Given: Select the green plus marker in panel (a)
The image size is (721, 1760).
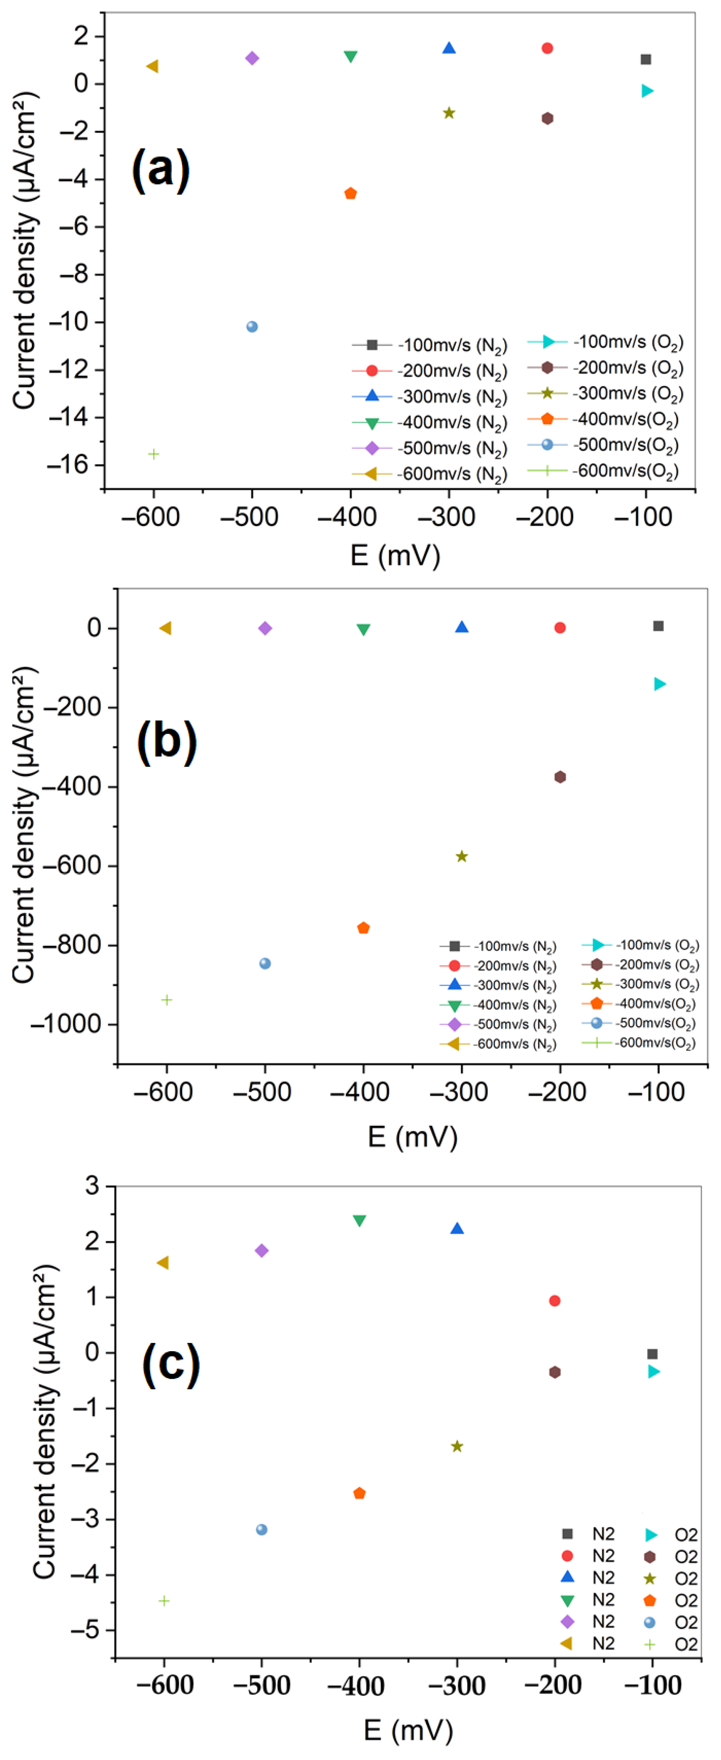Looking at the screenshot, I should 154,454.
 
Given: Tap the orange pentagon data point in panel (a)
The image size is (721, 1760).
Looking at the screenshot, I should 350,193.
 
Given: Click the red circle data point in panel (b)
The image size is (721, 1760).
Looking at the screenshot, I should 560,627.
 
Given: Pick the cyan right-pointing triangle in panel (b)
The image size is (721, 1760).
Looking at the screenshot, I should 660,684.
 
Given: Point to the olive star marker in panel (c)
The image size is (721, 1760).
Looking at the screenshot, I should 457,1446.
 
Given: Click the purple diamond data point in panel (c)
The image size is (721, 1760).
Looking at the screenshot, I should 262,1250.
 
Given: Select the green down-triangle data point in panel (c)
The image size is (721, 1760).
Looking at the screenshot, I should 360,1220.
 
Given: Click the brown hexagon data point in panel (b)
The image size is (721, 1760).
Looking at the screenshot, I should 560,777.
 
